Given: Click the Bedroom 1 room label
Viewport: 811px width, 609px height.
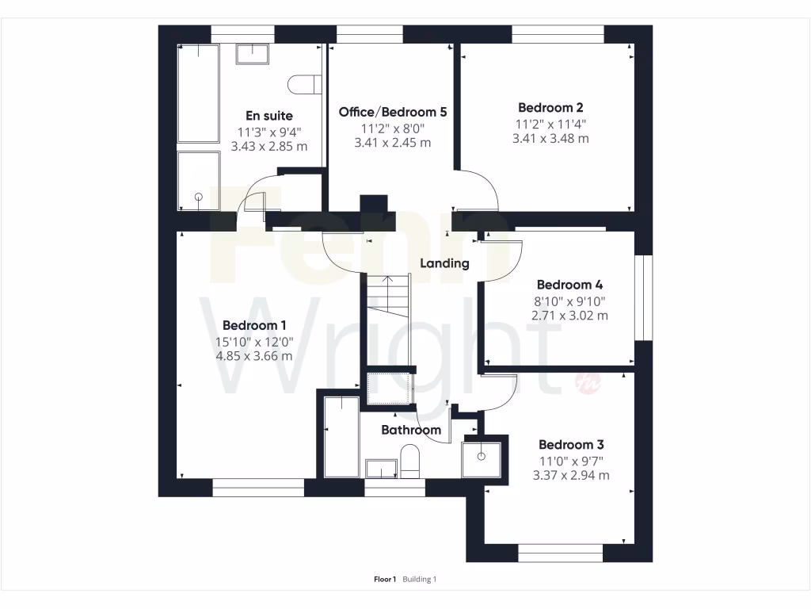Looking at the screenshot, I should tap(254, 325).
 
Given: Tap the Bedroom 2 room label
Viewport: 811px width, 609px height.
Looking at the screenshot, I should tap(550, 108).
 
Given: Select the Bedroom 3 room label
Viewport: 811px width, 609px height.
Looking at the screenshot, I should tap(571, 445).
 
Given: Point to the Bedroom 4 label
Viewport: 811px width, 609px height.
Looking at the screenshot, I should tap(569, 285).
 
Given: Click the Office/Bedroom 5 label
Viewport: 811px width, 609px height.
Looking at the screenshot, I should tap(393, 113).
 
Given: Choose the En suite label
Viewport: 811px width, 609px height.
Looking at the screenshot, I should tap(268, 116).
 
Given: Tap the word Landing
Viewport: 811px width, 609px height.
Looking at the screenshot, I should tap(444, 263).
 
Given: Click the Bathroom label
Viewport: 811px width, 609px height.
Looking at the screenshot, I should tap(411, 430).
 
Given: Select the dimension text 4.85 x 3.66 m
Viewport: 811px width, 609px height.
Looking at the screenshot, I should tap(254, 356).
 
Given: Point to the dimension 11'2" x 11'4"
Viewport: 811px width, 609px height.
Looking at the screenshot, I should tap(550, 124).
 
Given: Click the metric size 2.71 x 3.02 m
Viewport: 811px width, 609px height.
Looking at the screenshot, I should tap(569, 316).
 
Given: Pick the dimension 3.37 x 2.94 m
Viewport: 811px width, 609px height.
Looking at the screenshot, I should tap(571, 476).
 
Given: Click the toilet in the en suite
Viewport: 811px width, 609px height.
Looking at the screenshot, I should tap(305, 83).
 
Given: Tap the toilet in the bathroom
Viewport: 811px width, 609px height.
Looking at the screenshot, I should tap(409, 462).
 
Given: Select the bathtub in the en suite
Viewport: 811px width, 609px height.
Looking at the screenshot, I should tap(198, 93).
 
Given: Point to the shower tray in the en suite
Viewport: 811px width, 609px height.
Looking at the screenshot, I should tap(198, 181).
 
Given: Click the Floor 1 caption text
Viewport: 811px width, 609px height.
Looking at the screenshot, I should tap(384, 580).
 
